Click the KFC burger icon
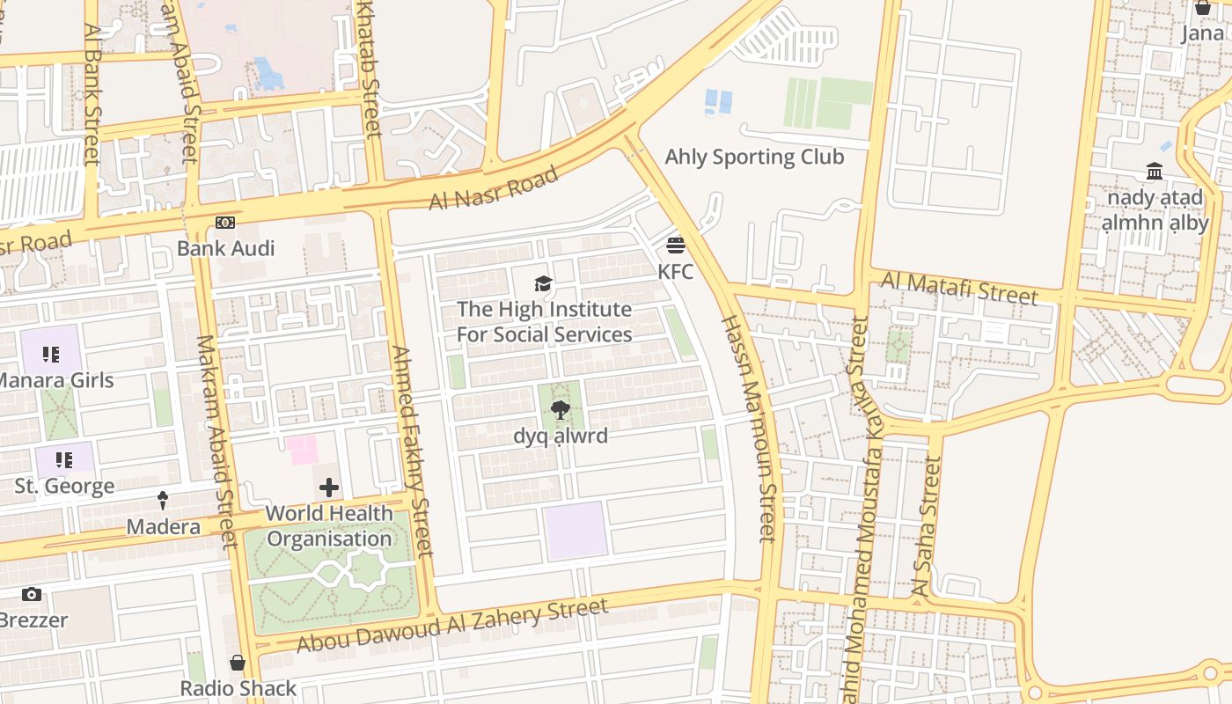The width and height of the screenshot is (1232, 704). [x=676, y=245]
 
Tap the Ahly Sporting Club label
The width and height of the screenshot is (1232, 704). [x=754, y=158]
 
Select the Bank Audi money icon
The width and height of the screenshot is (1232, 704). [x=225, y=223]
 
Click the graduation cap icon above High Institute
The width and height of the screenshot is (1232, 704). [x=544, y=283]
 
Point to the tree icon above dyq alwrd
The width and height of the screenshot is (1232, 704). [x=560, y=409]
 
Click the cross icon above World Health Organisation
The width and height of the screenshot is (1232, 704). [x=329, y=487]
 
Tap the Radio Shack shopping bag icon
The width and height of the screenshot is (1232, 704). [x=238, y=663]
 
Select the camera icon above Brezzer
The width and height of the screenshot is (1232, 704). [x=32, y=595]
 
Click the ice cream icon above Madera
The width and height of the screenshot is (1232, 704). [x=163, y=501]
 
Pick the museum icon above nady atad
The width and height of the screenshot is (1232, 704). [x=1155, y=172]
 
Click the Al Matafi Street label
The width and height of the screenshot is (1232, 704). [x=959, y=288]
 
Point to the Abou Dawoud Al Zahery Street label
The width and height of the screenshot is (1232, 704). [x=451, y=626]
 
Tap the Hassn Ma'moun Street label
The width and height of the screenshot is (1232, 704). [x=750, y=428]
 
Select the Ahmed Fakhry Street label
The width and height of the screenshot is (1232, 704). [x=412, y=451]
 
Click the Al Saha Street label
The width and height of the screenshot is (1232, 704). [x=927, y=528]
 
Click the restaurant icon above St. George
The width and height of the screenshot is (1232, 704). [x=63, y=460]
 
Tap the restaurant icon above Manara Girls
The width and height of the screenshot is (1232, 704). [x=51, y=355]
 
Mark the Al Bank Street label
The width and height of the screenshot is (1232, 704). [x=92, y=93]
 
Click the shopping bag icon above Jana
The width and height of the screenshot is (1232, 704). [x=1203, y=8]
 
